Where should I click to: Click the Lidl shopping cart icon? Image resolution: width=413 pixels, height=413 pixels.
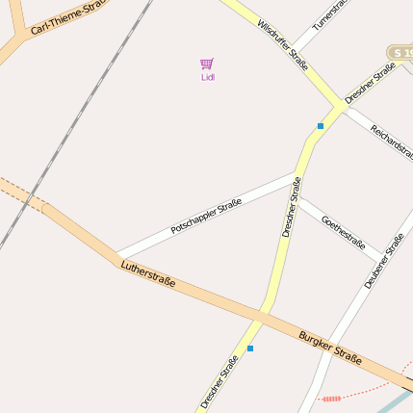(207, 64)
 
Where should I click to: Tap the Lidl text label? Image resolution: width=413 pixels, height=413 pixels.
(208, 77)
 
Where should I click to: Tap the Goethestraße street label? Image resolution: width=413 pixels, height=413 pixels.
(343, 231)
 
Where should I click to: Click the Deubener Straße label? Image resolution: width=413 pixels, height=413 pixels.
(383, 260)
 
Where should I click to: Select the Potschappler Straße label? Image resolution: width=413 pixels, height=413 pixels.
(205, 217)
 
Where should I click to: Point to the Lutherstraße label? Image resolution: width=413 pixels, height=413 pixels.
(148, 272)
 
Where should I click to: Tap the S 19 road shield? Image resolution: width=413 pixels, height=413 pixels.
(400, 51)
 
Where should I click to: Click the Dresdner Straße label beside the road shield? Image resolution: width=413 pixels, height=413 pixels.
(371, 83)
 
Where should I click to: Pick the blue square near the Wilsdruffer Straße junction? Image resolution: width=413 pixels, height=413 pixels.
(321, 125)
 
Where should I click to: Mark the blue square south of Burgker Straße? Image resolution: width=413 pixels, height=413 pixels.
(250, 348)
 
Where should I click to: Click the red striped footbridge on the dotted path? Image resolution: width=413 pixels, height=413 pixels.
(332, 397)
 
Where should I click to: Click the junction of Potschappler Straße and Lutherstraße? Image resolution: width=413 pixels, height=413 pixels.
(116, 256)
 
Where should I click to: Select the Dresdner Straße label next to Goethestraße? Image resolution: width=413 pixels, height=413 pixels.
(291, 207)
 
